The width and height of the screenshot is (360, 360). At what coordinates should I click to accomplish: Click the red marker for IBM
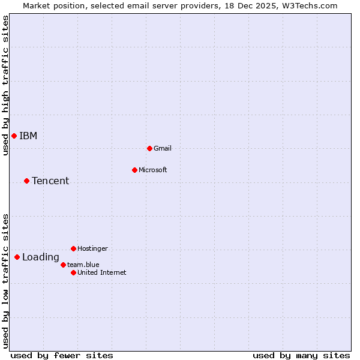pyautogui.click(x=14, y=136)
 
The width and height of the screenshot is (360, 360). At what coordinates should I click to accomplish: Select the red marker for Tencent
pyautogui.click(x=26, y=181)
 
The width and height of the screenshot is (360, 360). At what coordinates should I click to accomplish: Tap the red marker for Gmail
pyautogui.click(x=149, y=148)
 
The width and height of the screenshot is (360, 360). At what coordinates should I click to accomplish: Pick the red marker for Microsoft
pyautogui.click(x=134, y=170)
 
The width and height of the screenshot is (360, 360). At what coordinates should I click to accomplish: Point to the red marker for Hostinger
pyautogui.click(x=73, y=248)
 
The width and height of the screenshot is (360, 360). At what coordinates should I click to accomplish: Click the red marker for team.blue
pyautogui.click(x=63, y=265)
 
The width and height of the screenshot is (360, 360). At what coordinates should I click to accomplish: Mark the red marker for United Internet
pyautogui.click(x=73, y=272)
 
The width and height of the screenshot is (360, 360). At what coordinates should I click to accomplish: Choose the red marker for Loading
pyautogui.click(x=17, y=257)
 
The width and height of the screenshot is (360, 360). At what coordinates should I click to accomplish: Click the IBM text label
pyautogui.click(x=28, y=136)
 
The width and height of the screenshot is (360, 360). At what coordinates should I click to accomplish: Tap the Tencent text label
pyautogui.click(x=50, y=181)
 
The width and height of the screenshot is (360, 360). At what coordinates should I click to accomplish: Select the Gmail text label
pyautogui.click(x=163, y=148)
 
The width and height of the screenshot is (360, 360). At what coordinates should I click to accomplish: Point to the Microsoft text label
pyautogui.click(x=152, y=170)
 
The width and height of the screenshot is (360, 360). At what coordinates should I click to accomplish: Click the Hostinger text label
pyautogui.click(x=92, y=248)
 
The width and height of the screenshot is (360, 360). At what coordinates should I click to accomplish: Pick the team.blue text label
pyautogui.click(x=83, y=265)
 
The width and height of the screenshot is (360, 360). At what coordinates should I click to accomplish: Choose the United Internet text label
pyautogui.click(x=101, y=272)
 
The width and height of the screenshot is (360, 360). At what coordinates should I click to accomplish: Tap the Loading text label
pyautogui.click(x=41, y=257)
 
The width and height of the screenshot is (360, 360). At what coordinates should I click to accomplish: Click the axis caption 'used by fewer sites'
pyautogui.click(x=62, y=355)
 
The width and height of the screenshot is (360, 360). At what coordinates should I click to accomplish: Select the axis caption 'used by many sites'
pyautogui.click(x=301, y=355)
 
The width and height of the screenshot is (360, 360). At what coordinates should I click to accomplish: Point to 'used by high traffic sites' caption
pyautogui.click(x=5, y=85)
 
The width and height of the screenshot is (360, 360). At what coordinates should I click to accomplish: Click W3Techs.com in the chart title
pyautogui.click(x=311, y=5)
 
